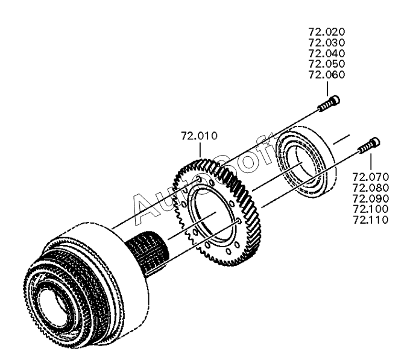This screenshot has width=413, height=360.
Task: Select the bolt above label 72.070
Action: (368, 145)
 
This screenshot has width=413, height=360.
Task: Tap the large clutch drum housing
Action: (84, 283)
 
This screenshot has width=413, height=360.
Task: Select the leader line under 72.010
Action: (200, 150)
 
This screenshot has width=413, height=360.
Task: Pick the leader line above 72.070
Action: (370, 162)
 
